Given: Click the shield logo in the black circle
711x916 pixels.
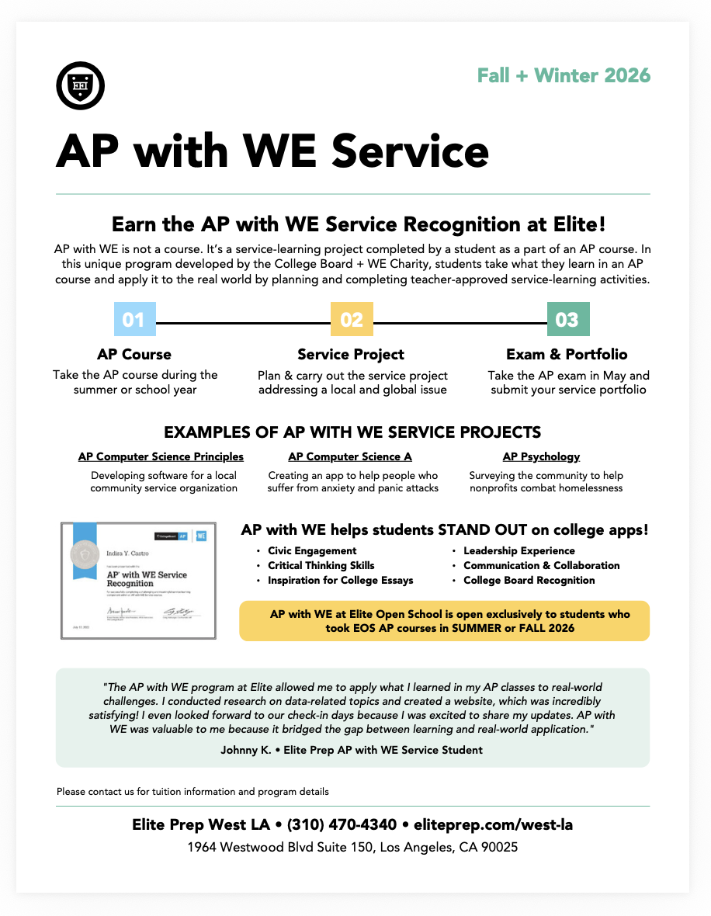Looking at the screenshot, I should click(x=81, y=85).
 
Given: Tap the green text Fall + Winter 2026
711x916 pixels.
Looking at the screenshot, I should click(x=564, y=76).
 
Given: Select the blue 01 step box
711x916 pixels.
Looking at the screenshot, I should click(x=134, y=320).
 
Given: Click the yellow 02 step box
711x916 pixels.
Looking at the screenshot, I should click(x=352, y=320).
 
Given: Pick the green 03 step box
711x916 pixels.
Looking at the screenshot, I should click(x=568, y=320).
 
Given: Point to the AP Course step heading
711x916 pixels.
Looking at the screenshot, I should click(x=134, y=355).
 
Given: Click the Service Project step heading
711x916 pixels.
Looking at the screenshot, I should click(x=351, y=355).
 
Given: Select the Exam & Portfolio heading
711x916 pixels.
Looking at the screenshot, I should click(x=567, y=355).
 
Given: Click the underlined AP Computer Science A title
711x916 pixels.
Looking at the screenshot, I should click(x=350, y=457).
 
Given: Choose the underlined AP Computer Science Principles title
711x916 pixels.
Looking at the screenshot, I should click(x=161, y=457).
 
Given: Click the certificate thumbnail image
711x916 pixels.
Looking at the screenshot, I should click(x=139, y=580).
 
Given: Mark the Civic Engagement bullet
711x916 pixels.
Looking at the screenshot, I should click(x=312, y=551).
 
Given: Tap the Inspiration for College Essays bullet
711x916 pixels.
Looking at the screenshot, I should click(x=340, y=581).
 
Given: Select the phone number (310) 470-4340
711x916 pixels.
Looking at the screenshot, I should click(x=342, y=824).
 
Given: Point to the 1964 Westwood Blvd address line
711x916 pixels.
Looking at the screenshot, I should click(x=352, y=848).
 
